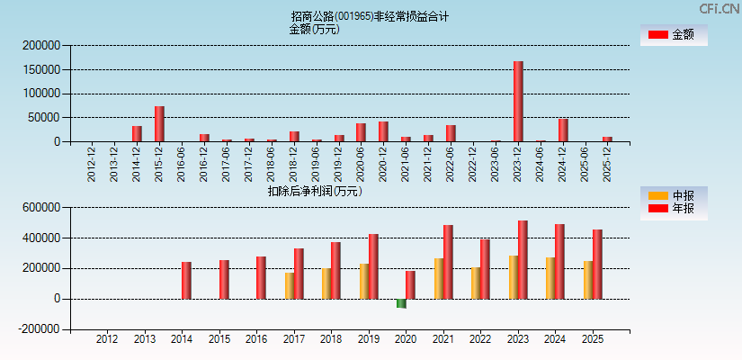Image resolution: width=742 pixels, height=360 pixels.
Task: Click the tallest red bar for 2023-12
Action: pyautogui.click(x=518, y=101)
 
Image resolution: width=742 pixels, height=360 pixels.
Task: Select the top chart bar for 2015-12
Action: pyautogui.click(x=159, y=123)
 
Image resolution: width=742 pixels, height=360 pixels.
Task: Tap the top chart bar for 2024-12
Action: pyautogui.click(x=563, y=130)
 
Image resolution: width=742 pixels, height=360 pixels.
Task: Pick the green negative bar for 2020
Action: pyautogui.click(x=401, y=303)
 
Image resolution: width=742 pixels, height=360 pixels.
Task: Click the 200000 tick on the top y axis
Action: pyautogui.click(x=41, y=45)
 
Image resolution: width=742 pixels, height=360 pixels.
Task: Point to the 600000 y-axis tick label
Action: pyautogui.click(x=41, y=207)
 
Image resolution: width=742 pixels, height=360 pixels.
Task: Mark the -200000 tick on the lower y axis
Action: pyautogui.click(x=39, y=329)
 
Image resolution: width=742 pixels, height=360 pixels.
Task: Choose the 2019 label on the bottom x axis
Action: pyautogui.click(x=369, y=339)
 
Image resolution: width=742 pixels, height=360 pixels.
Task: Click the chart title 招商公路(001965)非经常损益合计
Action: pyautogui.click(x=370, y=16)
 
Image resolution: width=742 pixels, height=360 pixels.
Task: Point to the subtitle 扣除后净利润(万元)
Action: pyautogui.click(x=315, y=191)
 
